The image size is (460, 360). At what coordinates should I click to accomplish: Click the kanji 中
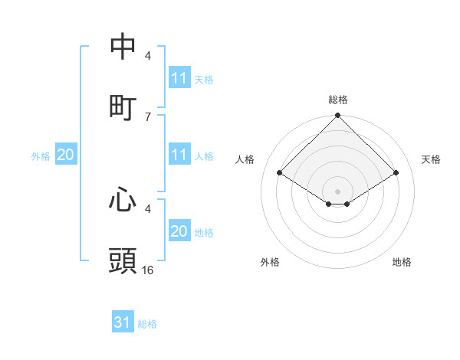click(x=123, y=46)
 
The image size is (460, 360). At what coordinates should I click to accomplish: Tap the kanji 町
click(x=123, y=106)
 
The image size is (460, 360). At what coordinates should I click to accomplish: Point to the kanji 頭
click(x=123, y=260)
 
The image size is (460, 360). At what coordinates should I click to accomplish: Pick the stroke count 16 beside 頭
click(x=148, y=270)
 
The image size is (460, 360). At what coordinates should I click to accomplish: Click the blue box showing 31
click(x=123, y=322)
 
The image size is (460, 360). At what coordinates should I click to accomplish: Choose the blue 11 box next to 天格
click(x=179, y=78)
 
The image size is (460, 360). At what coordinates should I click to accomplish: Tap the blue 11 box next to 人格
click(x=179, y=155)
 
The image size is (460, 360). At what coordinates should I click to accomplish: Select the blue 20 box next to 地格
click(x=179, y=231)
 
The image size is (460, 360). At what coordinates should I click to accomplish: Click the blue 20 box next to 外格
click(x=66, y=155)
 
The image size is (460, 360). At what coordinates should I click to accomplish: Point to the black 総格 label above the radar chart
click(x=338, y=100)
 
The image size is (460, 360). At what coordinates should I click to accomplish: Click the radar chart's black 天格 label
click(x=431, y=159)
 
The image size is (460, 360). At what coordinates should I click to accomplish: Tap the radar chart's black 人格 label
click(x=245, y=159)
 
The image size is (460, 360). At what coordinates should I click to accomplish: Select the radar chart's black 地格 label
click(x=402, y=262)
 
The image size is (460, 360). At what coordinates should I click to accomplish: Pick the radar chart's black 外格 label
click(x=270, y=262)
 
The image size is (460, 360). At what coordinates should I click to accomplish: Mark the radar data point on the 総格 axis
click(x=338, y=116)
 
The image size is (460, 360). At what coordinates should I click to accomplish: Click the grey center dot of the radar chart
click(x=338, y=191)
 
